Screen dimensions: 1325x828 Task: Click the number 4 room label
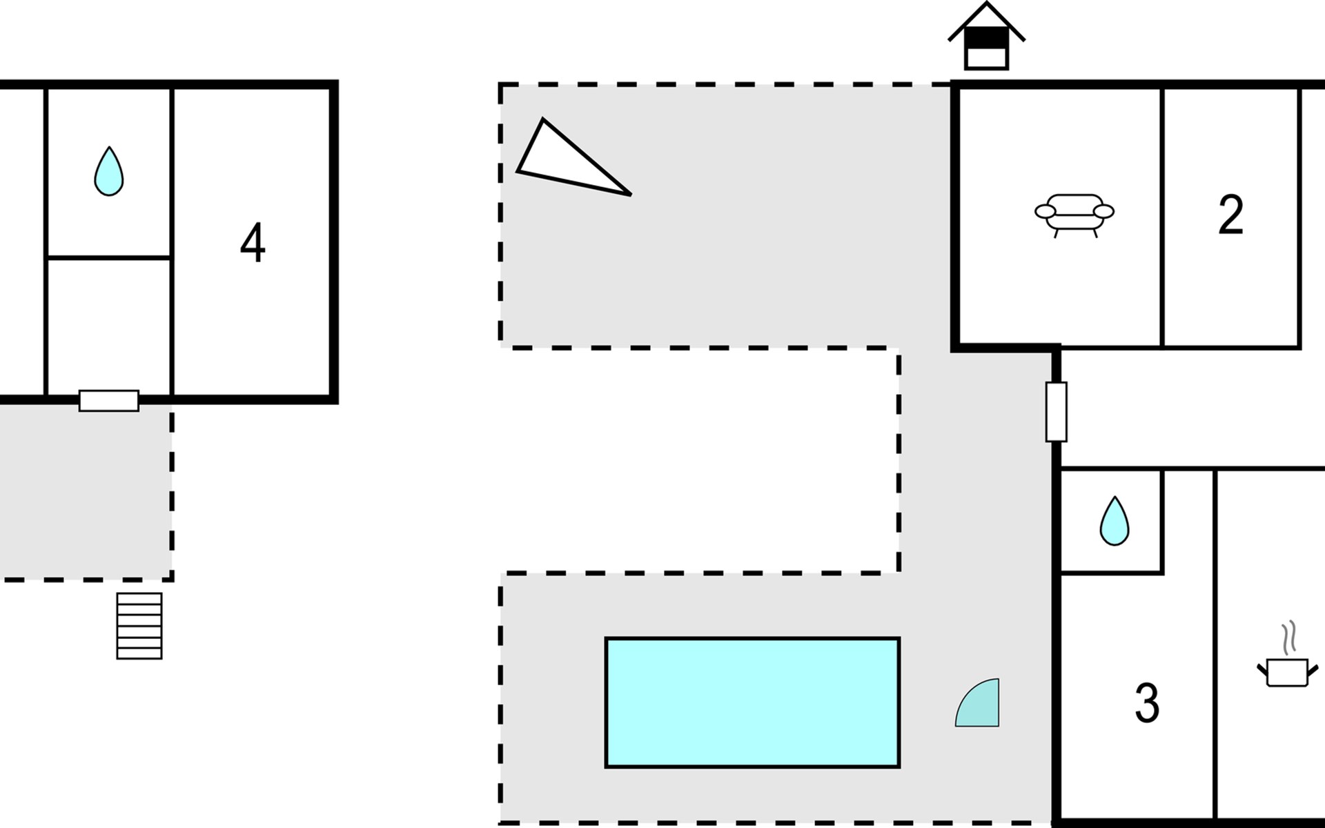coord(253,242)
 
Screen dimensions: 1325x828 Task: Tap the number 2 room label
coord(1231,215)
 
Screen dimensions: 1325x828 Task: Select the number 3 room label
coord(1147,703)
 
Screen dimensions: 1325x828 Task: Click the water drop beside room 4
coord(109,171)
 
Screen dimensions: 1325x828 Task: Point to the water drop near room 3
coord(1114,521)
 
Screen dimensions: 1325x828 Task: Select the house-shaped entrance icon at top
coord(986,36)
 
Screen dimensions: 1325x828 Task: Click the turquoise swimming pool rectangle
coord(752,702)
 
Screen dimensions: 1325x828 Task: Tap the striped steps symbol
coord(139,626)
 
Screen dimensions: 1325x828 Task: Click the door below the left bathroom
coord(109,401)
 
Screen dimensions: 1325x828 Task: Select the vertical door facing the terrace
coord(1056,411)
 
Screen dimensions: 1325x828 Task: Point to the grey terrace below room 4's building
coord(86,492)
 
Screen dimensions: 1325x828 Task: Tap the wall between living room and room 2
coord(1163,217)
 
